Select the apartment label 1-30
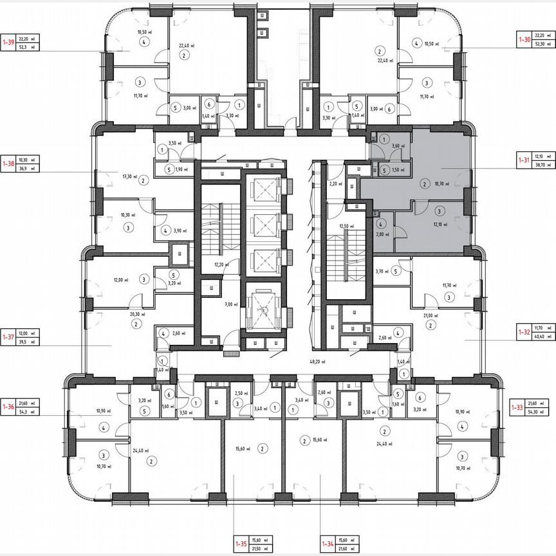pos(525,40)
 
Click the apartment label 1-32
pos(525,333)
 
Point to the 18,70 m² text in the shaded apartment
pos(442,183)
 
